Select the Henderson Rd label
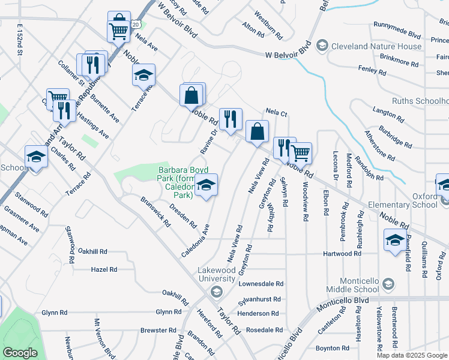[258, 313]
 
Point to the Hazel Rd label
[103, 270]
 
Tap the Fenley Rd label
[372, 70]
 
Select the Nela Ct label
[277, 112]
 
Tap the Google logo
[20, 353]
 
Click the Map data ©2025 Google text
[411, 355]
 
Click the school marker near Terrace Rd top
[143, 76]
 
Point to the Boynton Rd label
[328, 348]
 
